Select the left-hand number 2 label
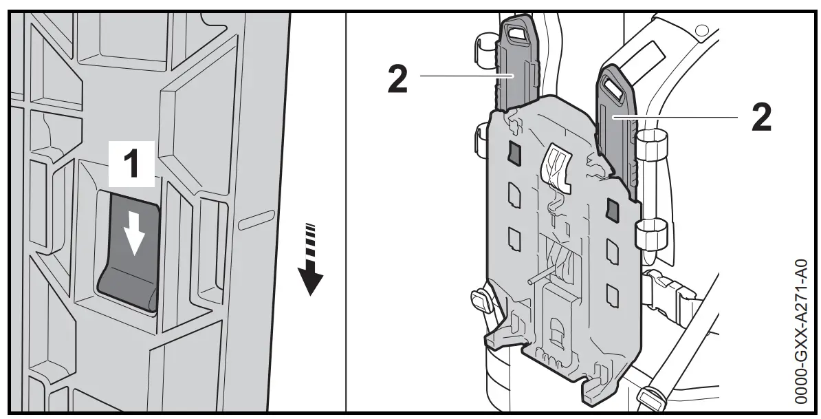397,80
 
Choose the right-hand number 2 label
760,118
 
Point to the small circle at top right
701,30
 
